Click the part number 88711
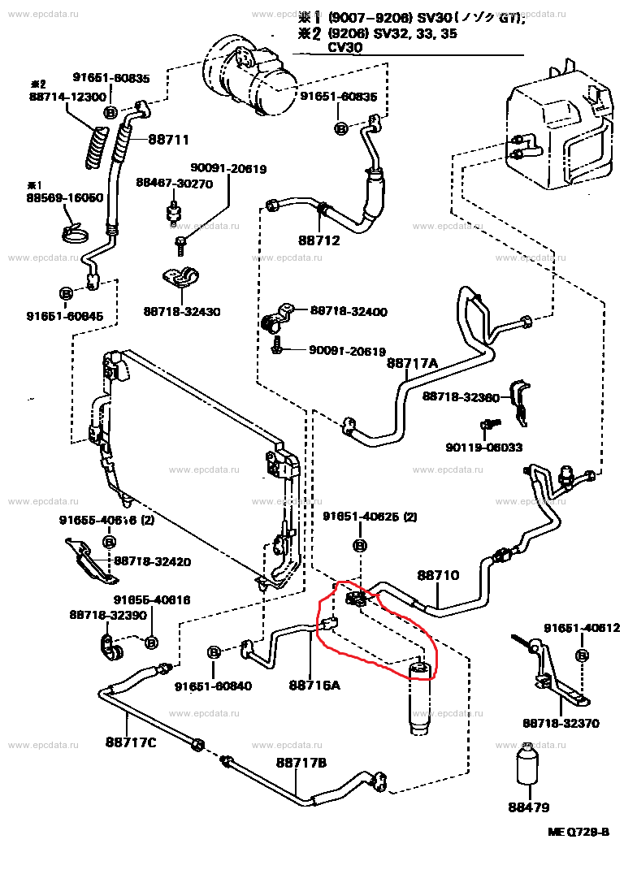[168, 139]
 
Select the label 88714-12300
[67, 97]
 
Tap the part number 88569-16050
[64, 197]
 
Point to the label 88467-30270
[174, 184]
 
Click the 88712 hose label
[318, 240]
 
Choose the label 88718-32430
[182, 311]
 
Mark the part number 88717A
[412, 363]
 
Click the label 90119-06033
[483, 447]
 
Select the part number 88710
[439, 575]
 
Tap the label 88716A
[314, 686]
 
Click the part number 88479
[529, 807]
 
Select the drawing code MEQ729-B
[577, 833]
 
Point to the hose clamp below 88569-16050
[76, 234]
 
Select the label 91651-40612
[582, 627]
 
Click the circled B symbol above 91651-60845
[65, 292]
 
